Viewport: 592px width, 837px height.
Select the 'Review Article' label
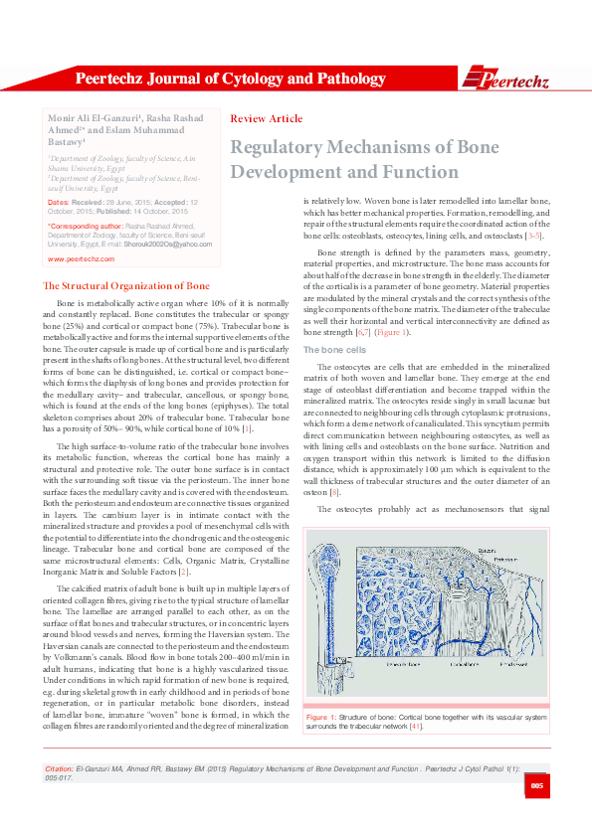click(x=266, y=118)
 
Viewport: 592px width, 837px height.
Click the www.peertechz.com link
click(x=81, y=257)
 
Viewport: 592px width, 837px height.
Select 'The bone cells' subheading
click(x=328, y=351)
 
